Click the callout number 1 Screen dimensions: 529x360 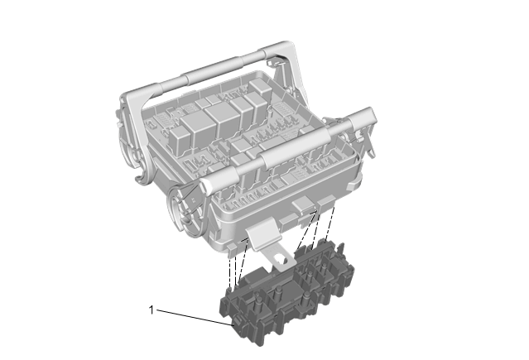click(x=151, y=310)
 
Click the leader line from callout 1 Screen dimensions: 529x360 click(x=195, y=318)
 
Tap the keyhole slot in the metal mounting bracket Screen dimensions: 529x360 click(x=280, y=259)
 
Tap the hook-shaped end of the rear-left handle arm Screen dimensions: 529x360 click(x=143, y=175)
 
